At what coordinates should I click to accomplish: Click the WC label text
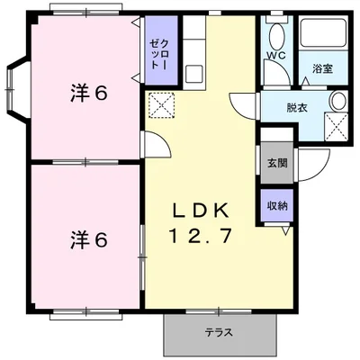276,55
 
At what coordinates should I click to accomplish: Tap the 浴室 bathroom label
322,69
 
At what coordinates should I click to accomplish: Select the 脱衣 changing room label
297,107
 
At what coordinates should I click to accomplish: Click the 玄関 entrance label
277,163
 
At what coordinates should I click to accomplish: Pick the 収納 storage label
277,206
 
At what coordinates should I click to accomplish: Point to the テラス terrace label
219,332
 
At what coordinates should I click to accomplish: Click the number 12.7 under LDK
201,236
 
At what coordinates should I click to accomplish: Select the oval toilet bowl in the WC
276,35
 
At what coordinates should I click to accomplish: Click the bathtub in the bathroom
324,32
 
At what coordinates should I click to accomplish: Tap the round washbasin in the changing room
339,101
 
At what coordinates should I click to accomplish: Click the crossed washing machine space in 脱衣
337,126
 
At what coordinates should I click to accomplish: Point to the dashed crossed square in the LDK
162,105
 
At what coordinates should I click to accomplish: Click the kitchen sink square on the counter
193,74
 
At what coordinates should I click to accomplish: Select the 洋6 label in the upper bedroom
89,93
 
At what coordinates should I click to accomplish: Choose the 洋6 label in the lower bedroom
89,240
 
